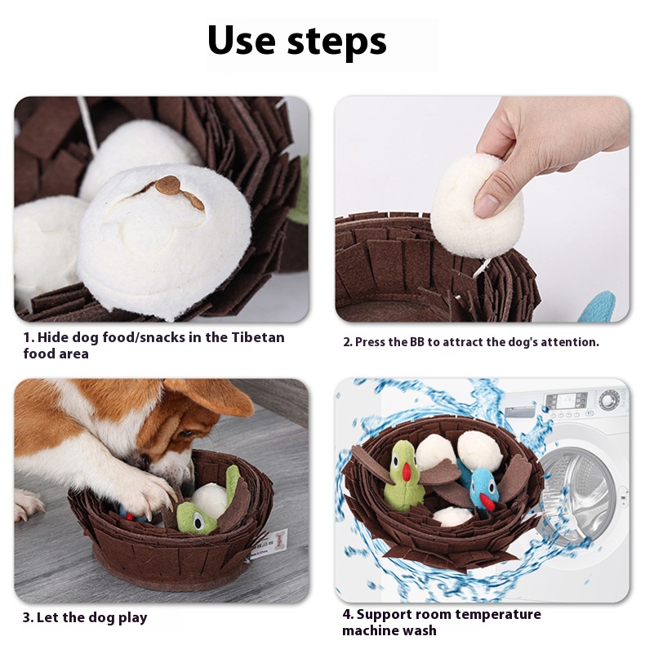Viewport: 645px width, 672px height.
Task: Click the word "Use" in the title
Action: (x=242, y=40)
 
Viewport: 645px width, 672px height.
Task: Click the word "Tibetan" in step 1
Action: (x=258, y=337)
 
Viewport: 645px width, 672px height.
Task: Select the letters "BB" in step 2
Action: (x=417, y=342)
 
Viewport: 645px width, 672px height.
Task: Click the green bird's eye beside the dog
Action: (x=197, y=521)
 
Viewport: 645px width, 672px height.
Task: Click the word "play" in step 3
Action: (x=133, y=618)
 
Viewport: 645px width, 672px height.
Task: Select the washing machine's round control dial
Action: (x=607, y=400)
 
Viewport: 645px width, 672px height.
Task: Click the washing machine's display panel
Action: (x=566, y=401)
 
